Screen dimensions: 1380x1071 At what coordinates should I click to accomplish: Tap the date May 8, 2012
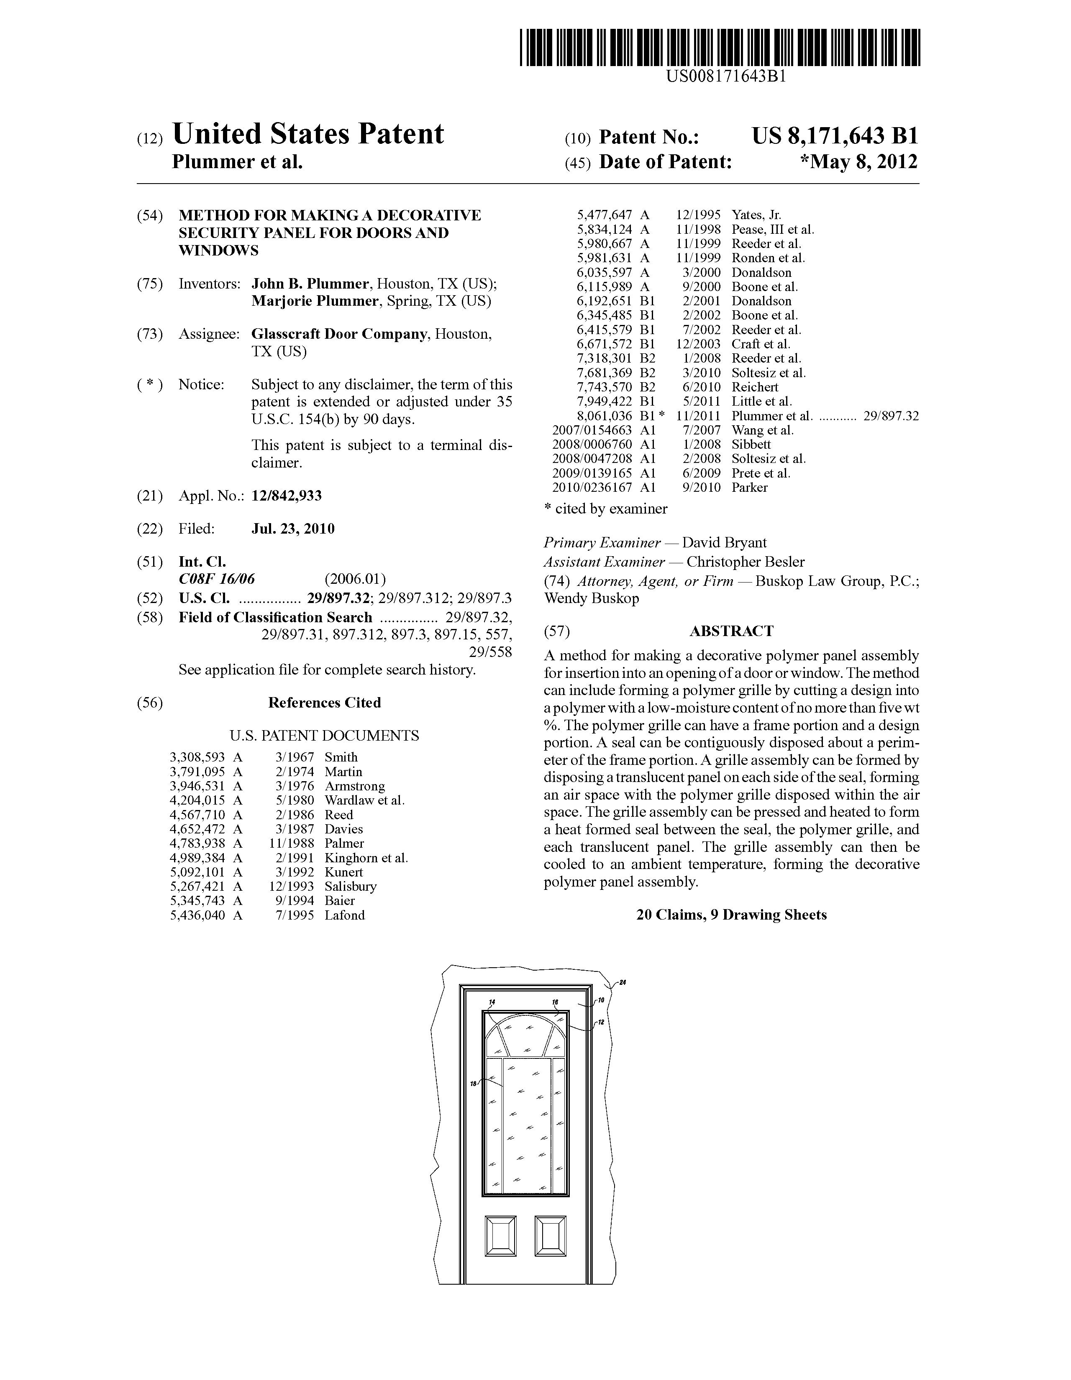click(x=858, y=162)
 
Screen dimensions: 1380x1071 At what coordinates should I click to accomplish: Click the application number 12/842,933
click(x=287, y=496)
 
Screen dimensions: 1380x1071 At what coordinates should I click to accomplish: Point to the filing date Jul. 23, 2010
click(x=293, y=529)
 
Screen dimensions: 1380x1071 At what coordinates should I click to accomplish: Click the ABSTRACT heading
click(x=731, y=631)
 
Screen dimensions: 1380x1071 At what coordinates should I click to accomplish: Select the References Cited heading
click(x=324, y=703)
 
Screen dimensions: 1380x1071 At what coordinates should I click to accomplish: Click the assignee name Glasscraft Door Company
click(x=338, y=334)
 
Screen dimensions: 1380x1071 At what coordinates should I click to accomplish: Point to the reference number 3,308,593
click(x=197, y=757)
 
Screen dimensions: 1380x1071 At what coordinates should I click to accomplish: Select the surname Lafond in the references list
click(x=345, y=915)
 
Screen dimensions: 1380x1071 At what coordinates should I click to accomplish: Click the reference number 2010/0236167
click(x=592, y=487)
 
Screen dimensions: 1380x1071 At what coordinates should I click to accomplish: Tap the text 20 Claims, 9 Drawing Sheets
click(x=731, y=915)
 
